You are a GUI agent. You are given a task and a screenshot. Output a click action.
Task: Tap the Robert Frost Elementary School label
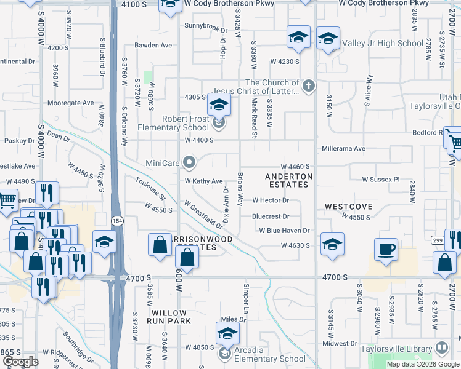click(x=177, y=123)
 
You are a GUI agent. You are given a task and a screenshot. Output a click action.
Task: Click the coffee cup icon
click(x=386, y=249)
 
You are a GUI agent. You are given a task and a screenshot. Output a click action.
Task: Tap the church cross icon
click(x=309, y=87)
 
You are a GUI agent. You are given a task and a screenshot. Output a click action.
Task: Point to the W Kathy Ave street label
click(x=203, y=181)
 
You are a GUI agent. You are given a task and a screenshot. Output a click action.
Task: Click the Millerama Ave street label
click(x=343, y=149)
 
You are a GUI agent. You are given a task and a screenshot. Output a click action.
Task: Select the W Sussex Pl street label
click(x=381, y=180)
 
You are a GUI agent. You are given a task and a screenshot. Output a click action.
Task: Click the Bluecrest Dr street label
click(x=271, y=216)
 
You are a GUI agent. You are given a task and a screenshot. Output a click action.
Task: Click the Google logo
click(x=21, y=362)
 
